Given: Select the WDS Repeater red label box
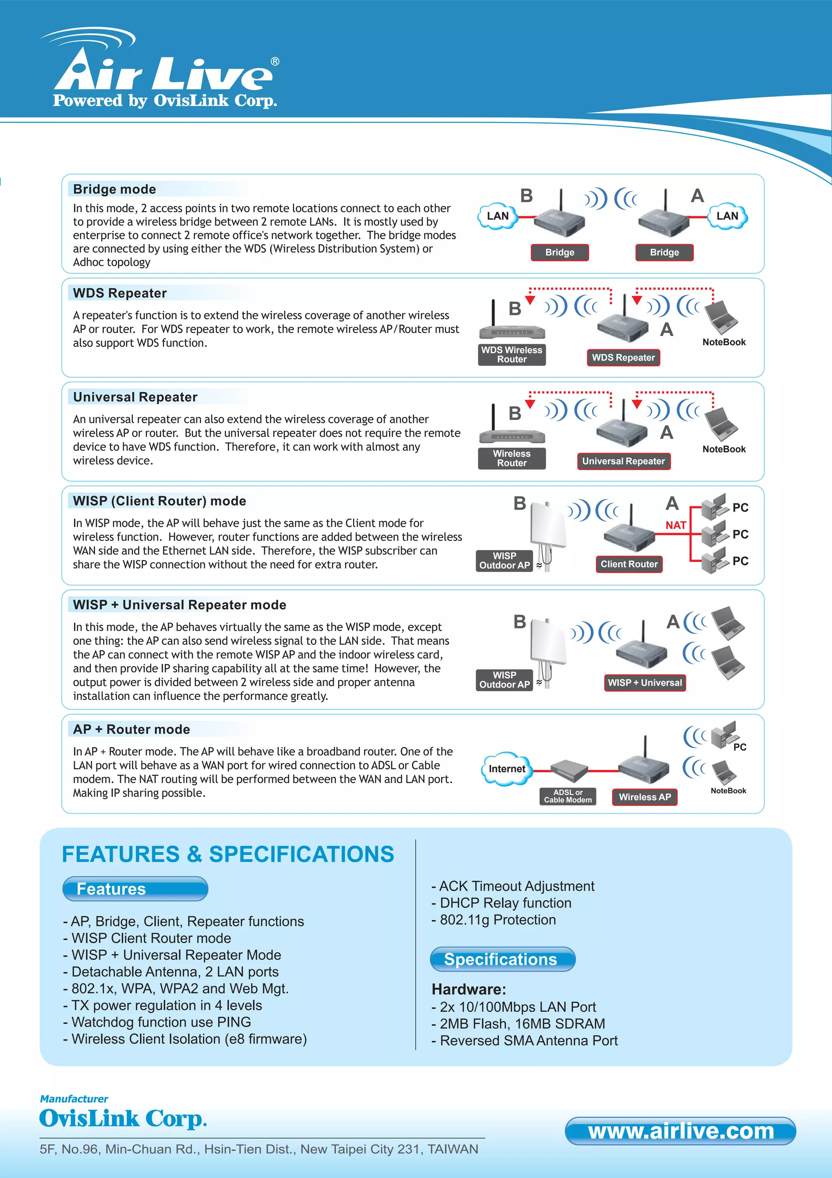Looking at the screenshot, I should tap(623, 357).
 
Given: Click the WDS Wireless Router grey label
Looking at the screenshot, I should tap(511, 355).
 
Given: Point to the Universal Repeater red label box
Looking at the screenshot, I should tap(623, 461).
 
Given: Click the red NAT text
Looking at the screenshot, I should tap(675, 525).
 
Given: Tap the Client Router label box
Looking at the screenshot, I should tap(628, 564).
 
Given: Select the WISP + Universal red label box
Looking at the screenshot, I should tap(644, 683).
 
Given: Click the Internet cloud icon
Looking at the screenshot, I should tap(507, 769).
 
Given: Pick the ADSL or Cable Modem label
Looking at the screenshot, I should tap(568, 796).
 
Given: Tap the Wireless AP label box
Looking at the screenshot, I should tap(644, 797).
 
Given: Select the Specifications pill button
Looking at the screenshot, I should tap(502, 959).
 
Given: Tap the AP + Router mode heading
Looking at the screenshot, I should tap(131, 729).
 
